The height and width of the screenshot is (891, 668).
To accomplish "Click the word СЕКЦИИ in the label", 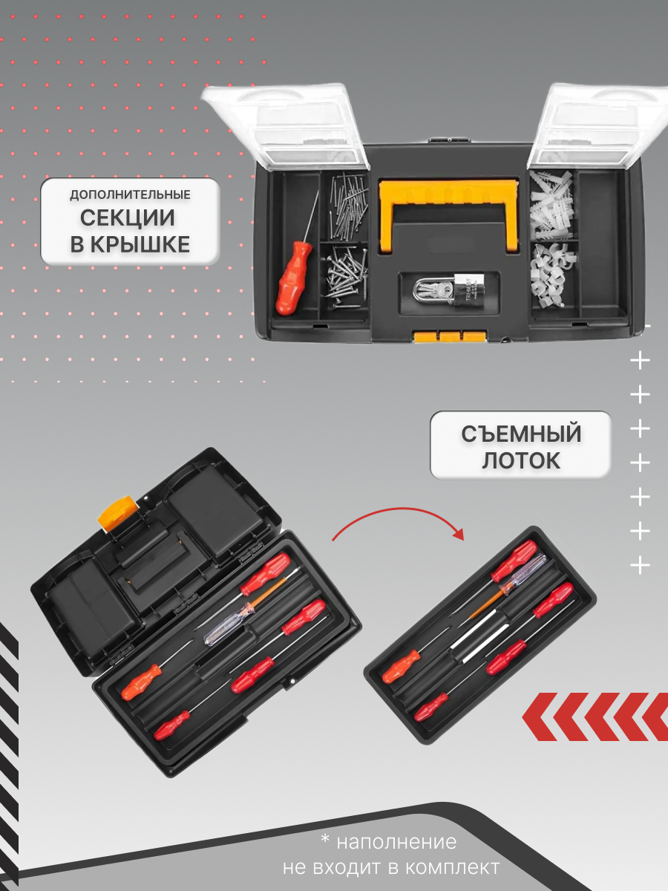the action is click(x=128, y=218).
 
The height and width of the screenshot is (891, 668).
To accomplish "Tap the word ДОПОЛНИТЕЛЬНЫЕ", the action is click(x=130, y=195).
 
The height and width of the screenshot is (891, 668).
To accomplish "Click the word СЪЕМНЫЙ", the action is click(x=521, y=434).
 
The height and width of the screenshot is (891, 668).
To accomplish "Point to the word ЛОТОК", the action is click(x=521, y=460).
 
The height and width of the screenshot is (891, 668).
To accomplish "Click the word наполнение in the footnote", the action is click(x=396, y=841).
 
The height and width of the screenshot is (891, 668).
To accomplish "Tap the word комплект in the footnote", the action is click(x=453, y=867).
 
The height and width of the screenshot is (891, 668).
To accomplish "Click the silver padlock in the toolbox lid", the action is click(x=449, y=290).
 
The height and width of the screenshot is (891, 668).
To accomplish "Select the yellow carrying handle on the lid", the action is click(x=449, y=214).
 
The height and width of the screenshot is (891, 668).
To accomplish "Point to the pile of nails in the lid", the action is click(x=348, y=206).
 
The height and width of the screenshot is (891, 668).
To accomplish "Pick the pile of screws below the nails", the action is click(x=347, y=276).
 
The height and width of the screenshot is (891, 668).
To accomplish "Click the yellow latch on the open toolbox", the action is click(x=117, y=512).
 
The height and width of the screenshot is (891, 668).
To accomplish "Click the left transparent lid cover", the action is click(x=286, y=125).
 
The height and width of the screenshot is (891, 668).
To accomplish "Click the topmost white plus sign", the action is click(x=640, y=360).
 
